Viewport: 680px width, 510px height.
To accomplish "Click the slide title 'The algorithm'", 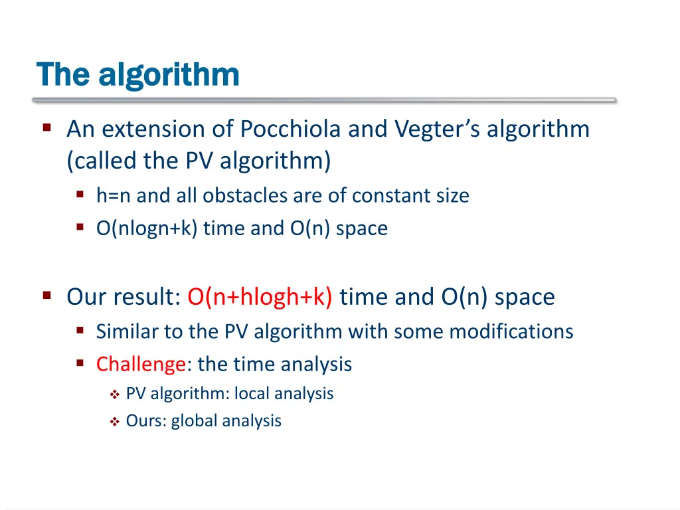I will tap(137, 74).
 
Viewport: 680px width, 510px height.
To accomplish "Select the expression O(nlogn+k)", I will tap(147, 228).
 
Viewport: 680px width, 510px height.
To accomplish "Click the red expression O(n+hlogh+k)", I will tap(260, 297).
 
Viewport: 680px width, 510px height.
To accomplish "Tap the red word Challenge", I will tap(140, 364).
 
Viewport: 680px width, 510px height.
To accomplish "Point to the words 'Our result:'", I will tap(124, 297).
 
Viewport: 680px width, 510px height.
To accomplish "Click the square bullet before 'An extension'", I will tap(47, 126).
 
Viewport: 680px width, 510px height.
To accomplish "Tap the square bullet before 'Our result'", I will tap(47, 295).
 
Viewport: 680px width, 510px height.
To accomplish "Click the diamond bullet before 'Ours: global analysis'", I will tap(114, 422).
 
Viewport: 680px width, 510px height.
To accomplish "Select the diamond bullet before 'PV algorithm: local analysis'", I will tap(114, 394).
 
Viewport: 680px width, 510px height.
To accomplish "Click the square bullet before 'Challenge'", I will tap(80, 363).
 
